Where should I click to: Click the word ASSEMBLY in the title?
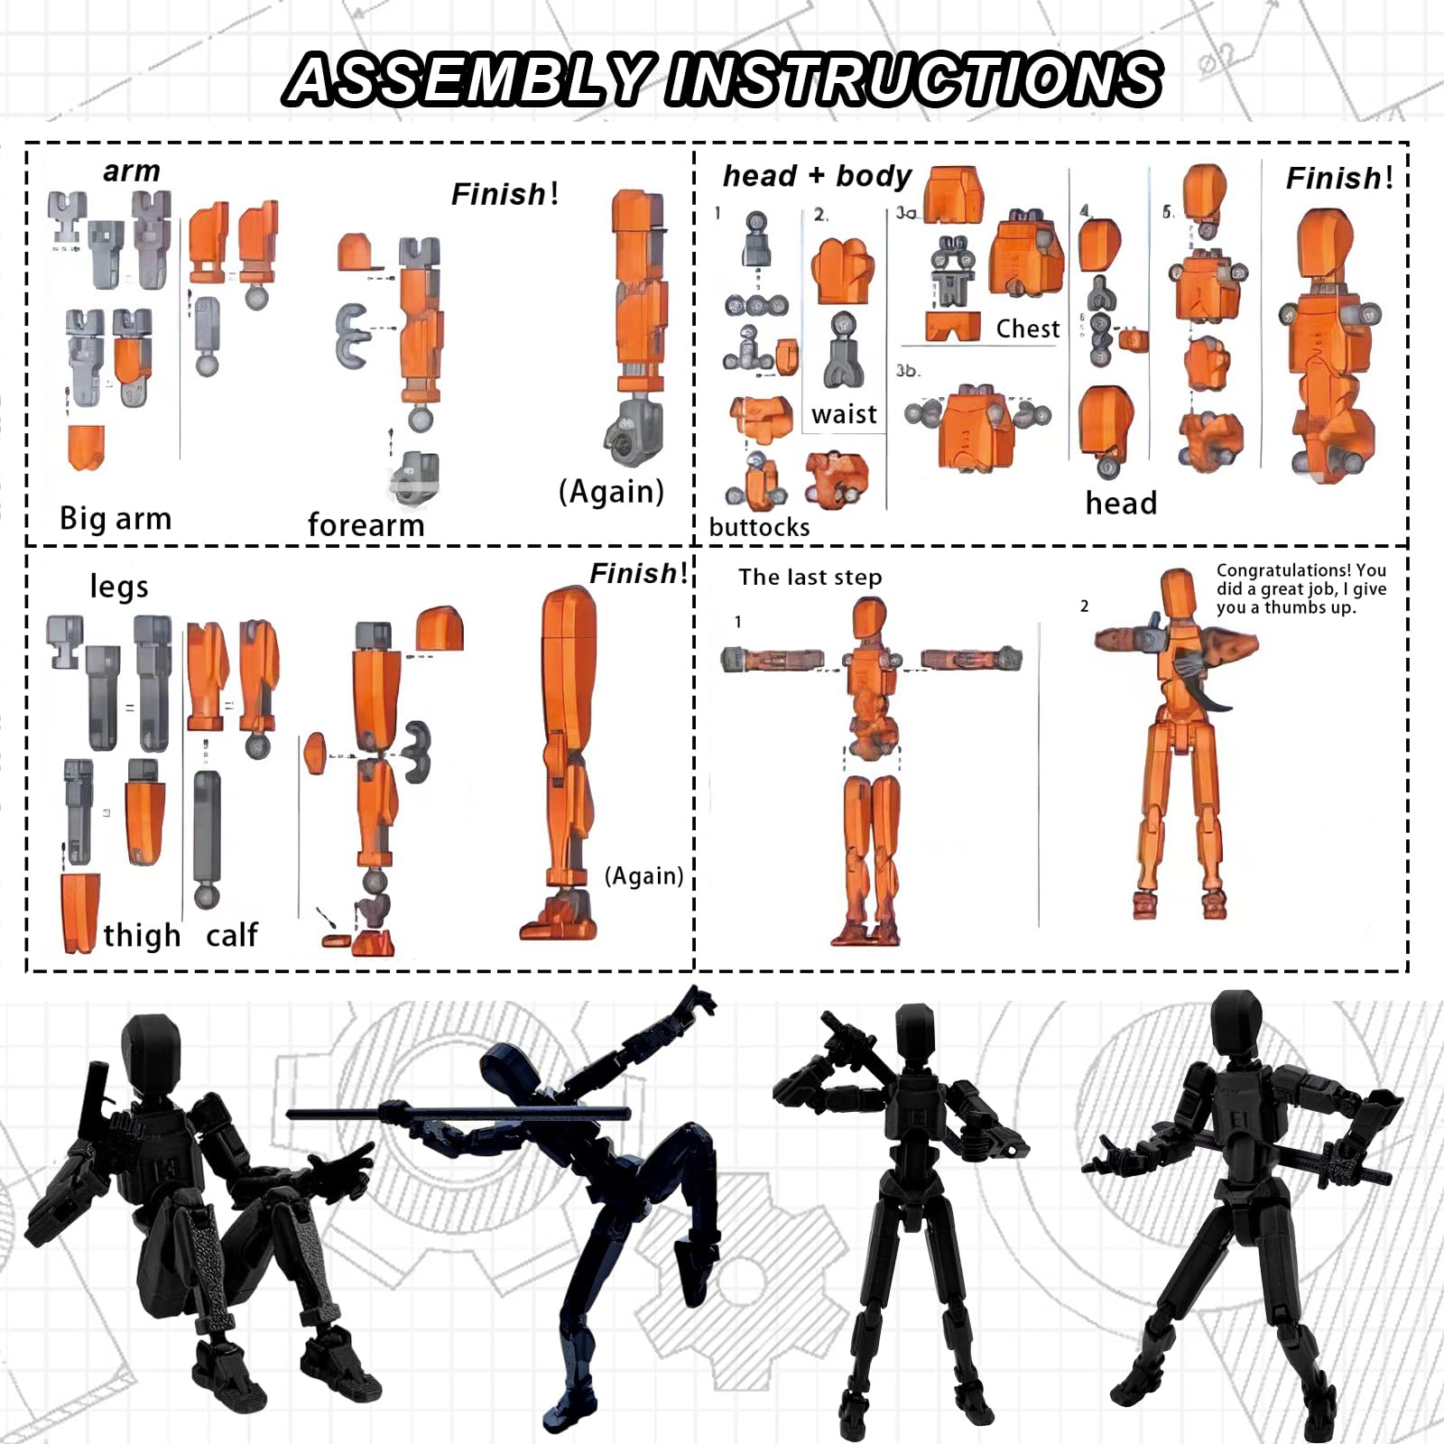tap(469, 79)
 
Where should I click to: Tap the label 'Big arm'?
tap(115, 518)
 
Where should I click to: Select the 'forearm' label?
tap(366, 524)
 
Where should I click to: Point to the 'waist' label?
tap(844, 414)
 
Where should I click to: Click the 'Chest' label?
tap(1028, 329)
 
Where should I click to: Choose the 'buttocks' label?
tap(759, 527)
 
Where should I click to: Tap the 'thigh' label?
tap(142, 936)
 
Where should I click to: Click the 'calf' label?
tap(232, 935)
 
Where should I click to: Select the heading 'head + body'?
tap(817, 176)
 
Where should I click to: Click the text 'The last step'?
tap(810, 578)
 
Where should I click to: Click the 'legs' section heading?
tap(118, 588)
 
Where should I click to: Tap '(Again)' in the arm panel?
tap(611, 492)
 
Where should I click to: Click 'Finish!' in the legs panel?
tap(638, 573)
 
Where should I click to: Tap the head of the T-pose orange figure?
tap(869, 620)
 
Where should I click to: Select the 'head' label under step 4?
tap(1121, 504)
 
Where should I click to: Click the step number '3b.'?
tap(908, 371)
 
